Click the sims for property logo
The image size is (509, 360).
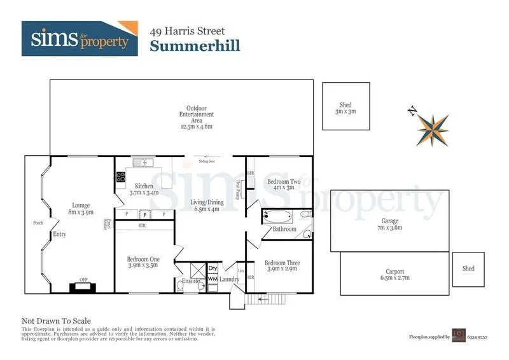click(x=79, y=38)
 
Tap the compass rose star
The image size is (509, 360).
click(x=433, y=130)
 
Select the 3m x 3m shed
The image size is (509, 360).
click(x=345, y=107)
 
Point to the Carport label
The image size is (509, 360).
click(x=395, y=275)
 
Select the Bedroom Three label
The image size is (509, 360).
click(x=281, y=266)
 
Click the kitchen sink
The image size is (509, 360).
click(x=141, y=163)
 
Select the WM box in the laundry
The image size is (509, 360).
click(x=213, y=279)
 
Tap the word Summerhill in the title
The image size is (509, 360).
click(x=194, y=45)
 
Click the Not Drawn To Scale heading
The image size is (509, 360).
click(x=56, y=321)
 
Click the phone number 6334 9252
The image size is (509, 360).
click(x=479, y=336)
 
